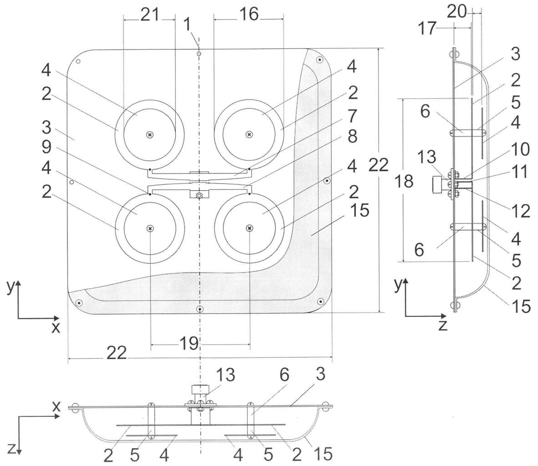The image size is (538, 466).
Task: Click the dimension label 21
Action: pyautogui.click(x=150, y=15)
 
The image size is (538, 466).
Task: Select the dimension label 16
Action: pyautogui.click(x=249, y=15)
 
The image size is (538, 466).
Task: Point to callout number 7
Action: pyautogui.click(x=352, y=116)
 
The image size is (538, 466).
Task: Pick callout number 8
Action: pyautogui.click(x=352, y=136)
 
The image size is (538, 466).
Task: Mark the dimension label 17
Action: pyautogui.click(x=427, y=28)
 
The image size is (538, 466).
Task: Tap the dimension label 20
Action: pyautogui.click(x=457, y=12)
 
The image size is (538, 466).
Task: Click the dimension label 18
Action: pyautogui.click(x=404, y=181)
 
